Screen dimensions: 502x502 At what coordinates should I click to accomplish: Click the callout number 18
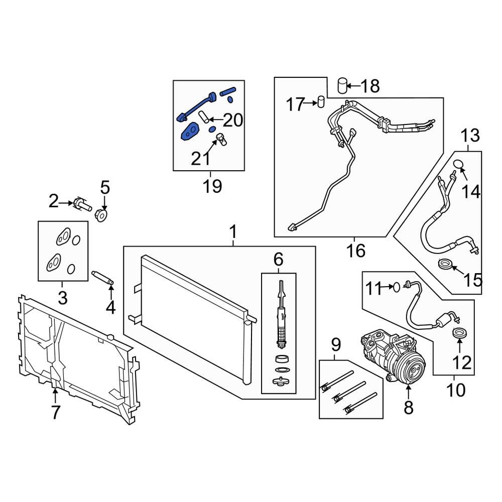[370, 86]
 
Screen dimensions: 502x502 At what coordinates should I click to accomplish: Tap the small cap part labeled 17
[321, 101]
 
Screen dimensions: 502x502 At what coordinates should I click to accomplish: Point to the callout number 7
[56, 412]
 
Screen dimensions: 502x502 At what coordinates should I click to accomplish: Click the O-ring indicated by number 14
[458, 164]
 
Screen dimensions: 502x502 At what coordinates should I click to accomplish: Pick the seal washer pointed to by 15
[445, 265]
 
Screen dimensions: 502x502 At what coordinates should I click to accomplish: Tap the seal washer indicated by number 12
[459, 332]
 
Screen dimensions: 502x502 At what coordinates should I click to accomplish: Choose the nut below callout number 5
[102, 215]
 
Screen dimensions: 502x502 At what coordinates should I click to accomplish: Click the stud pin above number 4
[102, 277]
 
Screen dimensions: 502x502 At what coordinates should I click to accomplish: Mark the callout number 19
[212, 186]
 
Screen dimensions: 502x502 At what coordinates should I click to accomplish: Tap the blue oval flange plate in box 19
[190, 132]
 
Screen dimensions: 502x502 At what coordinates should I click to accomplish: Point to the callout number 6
[278, 260]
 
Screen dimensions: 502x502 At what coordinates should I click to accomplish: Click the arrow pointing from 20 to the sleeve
[215, 120]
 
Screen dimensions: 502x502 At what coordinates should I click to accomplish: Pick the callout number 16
[356, 250]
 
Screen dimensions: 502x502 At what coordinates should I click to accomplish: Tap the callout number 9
[336, 345]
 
